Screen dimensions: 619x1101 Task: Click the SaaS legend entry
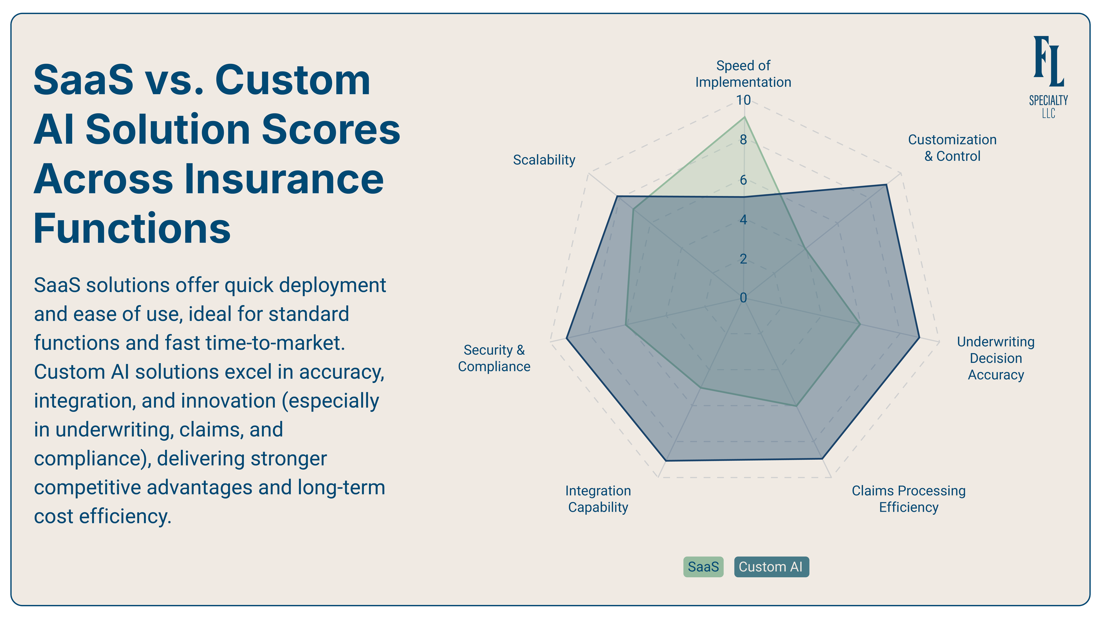click(703, 567)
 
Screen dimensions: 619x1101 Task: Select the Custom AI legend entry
click(771, 567)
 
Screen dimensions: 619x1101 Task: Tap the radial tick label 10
click(743, 100)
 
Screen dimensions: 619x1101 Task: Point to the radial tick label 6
click(743, 180)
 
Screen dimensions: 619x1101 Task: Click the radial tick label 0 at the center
click(743, 298)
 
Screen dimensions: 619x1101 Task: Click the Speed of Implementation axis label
click(743, 74)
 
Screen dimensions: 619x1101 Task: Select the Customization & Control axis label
click(952, 147)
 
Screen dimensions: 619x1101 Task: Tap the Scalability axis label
click(544, 160)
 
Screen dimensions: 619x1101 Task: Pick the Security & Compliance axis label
click(494, 358)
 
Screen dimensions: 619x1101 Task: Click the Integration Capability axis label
click(598, 499)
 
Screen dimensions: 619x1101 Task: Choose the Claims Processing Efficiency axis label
click(909, 499)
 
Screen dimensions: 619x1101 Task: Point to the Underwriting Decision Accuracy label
click(996, 358)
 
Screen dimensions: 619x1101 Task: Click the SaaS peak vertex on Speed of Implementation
click(744, 117)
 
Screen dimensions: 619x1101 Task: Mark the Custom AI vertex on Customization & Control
click(887, 185)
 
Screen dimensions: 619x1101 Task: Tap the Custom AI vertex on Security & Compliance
click(566, 338)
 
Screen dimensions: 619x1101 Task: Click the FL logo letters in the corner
click(1049, 62)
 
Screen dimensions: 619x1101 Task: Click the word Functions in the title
click(132, 228)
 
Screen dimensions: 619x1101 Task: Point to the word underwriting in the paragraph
click(112, 430)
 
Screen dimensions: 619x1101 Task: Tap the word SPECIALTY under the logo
click(1048, 100)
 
